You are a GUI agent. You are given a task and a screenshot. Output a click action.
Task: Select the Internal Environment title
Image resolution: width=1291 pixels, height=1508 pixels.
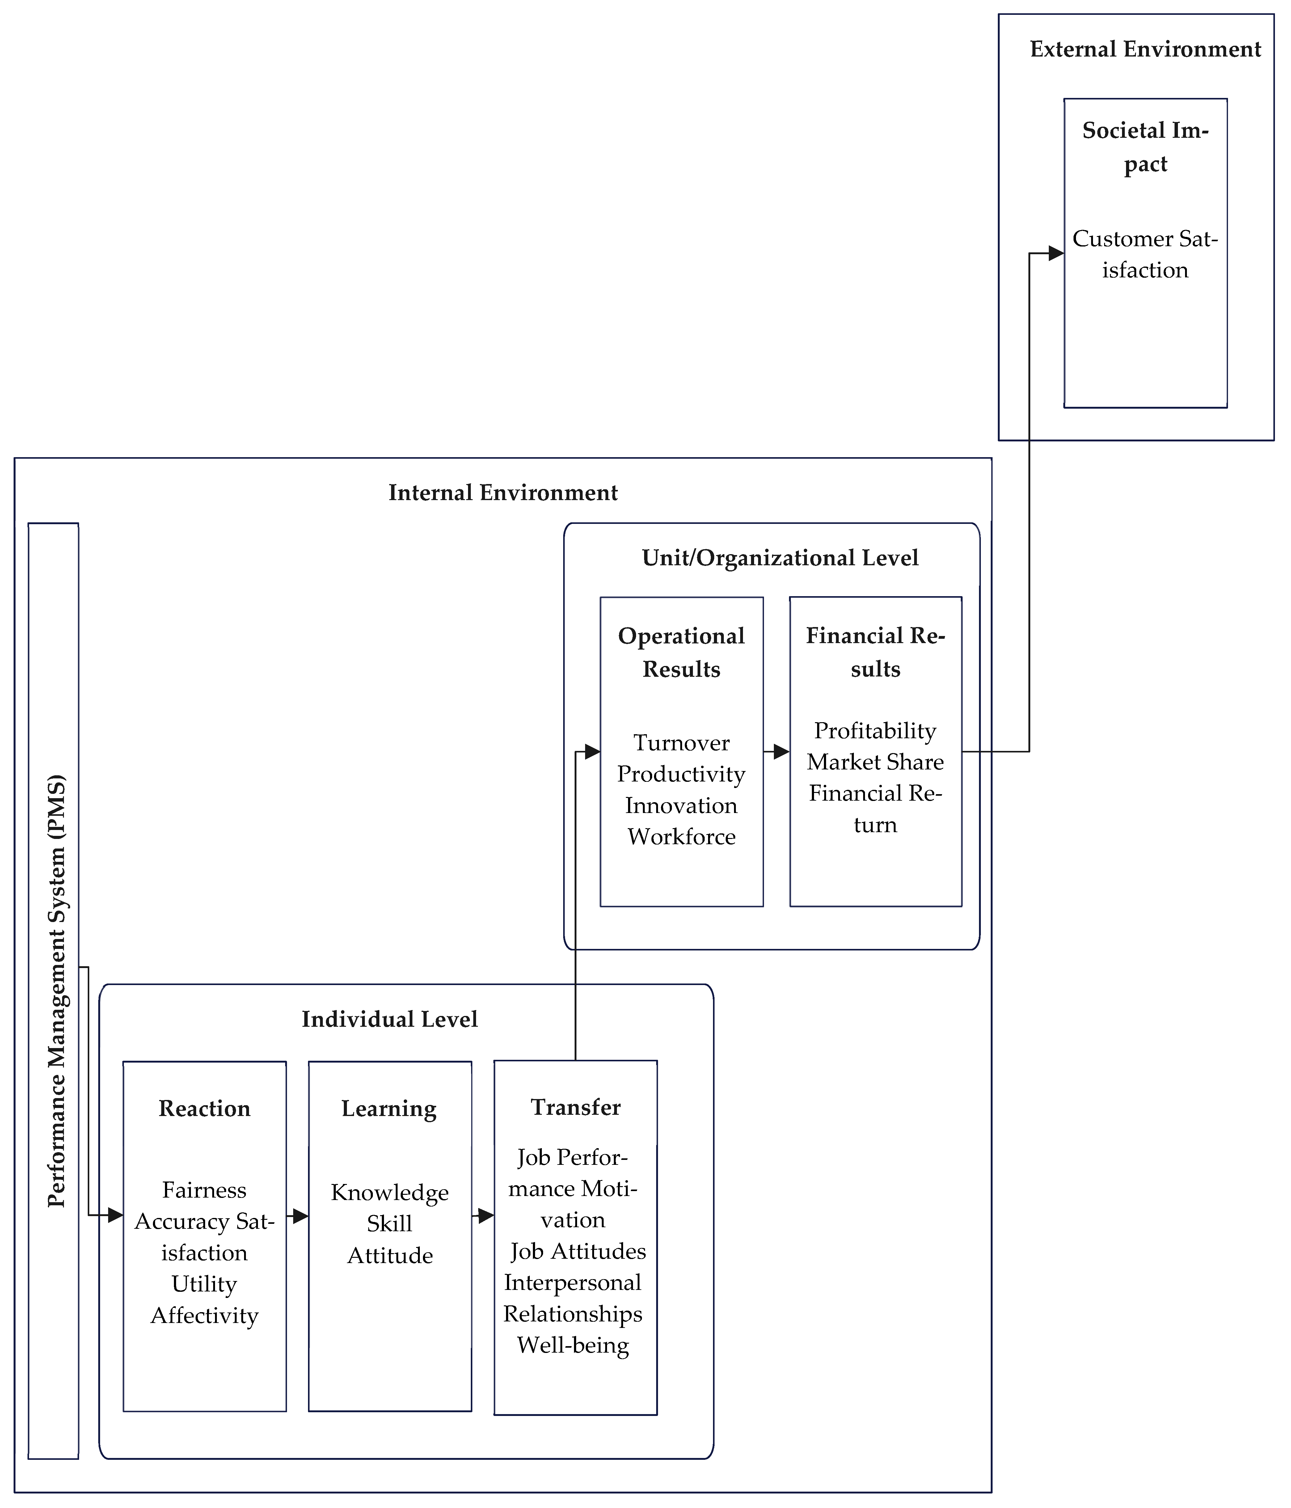[x=503, y=493]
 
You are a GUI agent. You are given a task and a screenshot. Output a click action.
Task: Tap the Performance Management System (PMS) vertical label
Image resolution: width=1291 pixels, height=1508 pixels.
[x=56, y=991]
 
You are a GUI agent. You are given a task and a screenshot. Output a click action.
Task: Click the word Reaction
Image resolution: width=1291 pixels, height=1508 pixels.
[x=205, y=1108]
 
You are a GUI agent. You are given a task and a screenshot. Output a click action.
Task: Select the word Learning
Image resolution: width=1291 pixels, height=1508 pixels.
[x=389, y=1108]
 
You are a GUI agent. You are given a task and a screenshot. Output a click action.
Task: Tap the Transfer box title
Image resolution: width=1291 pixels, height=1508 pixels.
[x=576, y=1107]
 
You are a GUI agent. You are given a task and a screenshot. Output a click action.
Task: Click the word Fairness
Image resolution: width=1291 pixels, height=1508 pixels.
[x=205, y=1190]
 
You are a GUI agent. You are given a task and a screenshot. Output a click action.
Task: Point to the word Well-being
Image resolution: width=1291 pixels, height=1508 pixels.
[x=573, y=1345]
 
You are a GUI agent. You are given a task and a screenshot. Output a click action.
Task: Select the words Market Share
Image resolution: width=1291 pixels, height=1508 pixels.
[x=875, y=762]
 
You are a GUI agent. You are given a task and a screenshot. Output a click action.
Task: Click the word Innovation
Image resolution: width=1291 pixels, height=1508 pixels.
[x=681, y=806]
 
